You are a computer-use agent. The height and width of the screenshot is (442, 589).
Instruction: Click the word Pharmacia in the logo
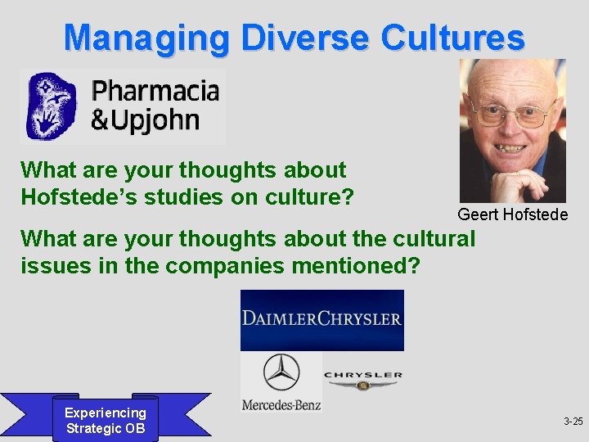[x=155, y=90]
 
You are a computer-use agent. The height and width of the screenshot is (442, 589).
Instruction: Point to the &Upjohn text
[x=145, y=120]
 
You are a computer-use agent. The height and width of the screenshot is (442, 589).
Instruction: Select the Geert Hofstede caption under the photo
[x=512, y=214]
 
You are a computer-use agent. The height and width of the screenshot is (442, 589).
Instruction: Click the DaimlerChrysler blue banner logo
[x=321, y=320]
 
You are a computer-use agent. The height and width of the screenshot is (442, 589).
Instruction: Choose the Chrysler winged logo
[x=362, y=379]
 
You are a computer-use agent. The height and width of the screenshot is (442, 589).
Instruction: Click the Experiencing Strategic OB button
[x=106, y=421]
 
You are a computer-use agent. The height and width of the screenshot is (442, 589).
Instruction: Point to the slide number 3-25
[x=573, y=422]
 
